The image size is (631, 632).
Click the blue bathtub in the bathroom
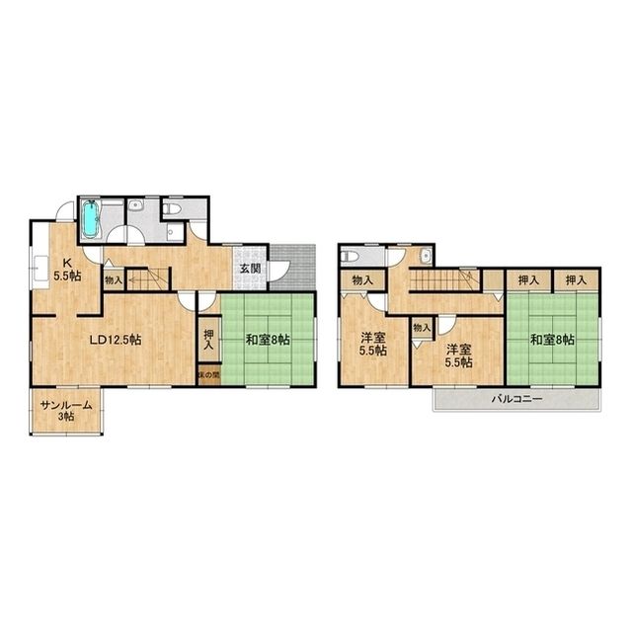pyautogui.click(x=91, y=219)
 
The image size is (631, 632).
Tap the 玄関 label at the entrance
pyautogui.click(x=250, y=269)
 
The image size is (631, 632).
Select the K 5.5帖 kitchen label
pyautogui.click(x=67, y=270)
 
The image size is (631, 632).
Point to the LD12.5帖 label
pyautogui.click(x=115, y=340)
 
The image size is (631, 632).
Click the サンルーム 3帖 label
pyautogui.click(x=66, y=411)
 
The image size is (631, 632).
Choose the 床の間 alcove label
pyautogui.click(x=208, y=375)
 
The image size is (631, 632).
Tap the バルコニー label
pyautogui.click(x=516, y=399)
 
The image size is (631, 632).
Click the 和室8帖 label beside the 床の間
pyautogui.click(x=268, y=340)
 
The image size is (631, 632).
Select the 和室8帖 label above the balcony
pyautogui.click(x=552, y=340)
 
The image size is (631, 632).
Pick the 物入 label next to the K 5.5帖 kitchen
pyautogui.click(x=114, y=280)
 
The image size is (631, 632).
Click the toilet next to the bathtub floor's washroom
pyautogui.click(x=172, y=208)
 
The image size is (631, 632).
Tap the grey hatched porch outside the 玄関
pyautogui.click(x=292, y=268)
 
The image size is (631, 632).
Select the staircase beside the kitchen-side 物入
pyautogui.click(x=148, y=279)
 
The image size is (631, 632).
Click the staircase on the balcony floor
pyautogui.click(x=444, y=278)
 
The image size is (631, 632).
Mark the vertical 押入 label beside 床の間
pyautogui.click(x=208, y=340)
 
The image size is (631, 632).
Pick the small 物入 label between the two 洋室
pyautogui.click(x=422, y=328)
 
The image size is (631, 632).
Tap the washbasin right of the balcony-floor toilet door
pyautogui.click(x=425, y=255)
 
